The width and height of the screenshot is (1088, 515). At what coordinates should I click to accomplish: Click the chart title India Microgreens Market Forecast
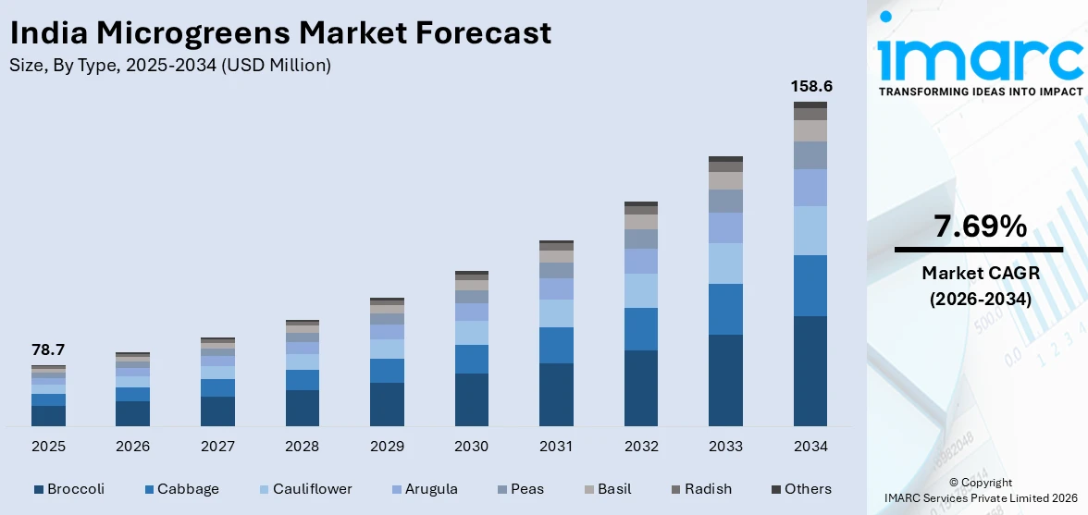coord(280,33)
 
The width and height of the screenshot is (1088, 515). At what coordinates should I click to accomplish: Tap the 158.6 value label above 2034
coord(810,86)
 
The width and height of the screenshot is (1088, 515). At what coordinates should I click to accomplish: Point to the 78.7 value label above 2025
coord(48,349)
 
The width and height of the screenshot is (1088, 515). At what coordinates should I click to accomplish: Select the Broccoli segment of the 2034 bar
coord(810,371)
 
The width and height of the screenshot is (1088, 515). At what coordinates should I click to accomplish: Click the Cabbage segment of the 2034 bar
coord(810,286)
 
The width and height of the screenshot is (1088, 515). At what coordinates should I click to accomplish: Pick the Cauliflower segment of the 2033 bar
coord(725,264)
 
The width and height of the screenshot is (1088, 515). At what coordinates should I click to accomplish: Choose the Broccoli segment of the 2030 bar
coord(471,399)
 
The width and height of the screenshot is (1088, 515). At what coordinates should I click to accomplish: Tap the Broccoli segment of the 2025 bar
coord(48,416)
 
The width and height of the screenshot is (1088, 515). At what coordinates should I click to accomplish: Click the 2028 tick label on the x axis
coord(303,447)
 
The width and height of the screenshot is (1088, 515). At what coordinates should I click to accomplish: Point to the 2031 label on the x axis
coord(556,447)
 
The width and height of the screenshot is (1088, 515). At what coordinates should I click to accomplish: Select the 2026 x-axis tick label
coord(133,447)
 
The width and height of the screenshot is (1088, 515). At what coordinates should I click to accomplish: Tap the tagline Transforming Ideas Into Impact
coord(980,92)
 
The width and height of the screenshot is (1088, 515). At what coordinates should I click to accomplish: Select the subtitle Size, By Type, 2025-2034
coord(170,65)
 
